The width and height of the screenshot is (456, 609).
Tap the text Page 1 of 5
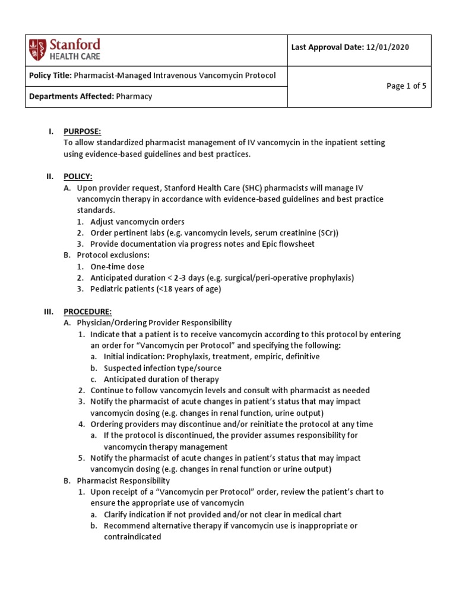406,86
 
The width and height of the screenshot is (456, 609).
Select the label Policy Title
50,75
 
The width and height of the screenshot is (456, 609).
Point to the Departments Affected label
71,96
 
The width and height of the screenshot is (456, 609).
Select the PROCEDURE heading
87,312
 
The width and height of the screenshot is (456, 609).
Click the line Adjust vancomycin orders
137,222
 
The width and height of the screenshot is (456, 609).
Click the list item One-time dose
117,267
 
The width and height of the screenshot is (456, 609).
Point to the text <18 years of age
188,289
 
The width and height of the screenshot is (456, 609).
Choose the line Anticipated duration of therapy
161,379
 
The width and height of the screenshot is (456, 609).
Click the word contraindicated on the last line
132,536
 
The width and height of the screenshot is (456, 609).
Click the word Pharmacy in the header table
134,96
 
